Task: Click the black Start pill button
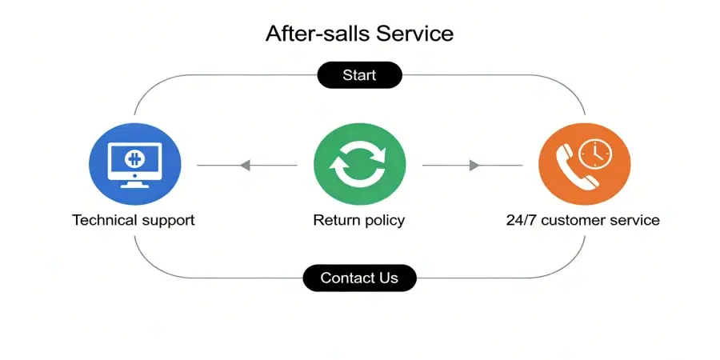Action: (x=359, y=76)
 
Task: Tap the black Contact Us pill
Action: (x=359, y=278)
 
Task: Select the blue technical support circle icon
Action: (x=134, y=165)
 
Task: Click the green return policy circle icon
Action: (x=359, y=165)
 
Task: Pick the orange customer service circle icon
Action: (x=584, y=165)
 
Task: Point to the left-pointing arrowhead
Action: (x=246, y=166)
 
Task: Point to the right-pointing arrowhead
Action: (x=474, y=166)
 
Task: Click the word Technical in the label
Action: (x=101, y=220)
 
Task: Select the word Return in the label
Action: (x=334, y=220)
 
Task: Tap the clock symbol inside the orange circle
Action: (x=593, y=154)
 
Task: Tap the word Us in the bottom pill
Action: (x=388, y=278)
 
